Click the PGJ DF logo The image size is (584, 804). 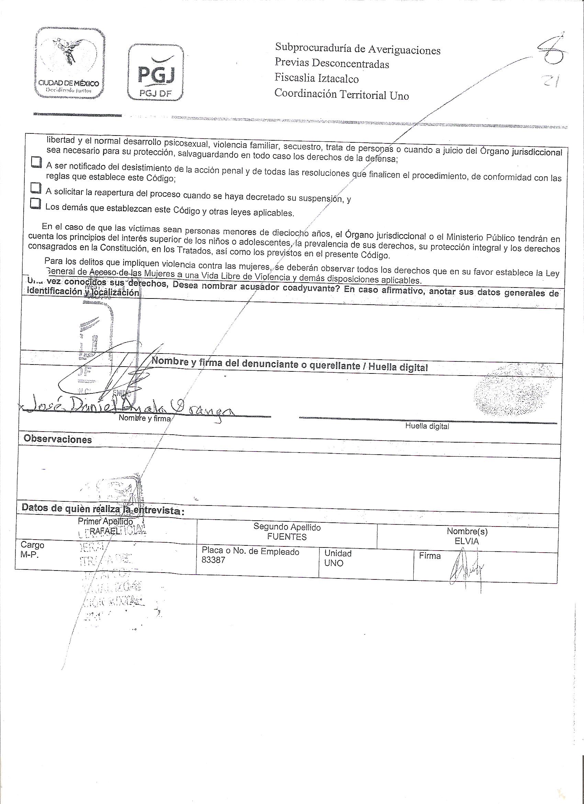point(156,73)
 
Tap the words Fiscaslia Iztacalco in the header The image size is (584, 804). point(317,78)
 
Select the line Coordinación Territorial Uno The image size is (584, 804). point(341,94)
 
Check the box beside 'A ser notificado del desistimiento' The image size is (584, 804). point(35,162)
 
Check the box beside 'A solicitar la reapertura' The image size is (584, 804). point(35,187)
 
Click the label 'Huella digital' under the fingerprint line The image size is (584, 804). point(427,426)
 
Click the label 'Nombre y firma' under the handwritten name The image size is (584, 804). point(145,418)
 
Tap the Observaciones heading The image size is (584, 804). point(58,439)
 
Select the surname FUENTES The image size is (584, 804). point(287,537)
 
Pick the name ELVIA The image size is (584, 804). point(467,541)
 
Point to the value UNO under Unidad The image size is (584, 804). point(334,563)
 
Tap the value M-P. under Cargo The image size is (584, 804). point(30,555)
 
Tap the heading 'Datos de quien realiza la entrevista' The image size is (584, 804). point(103,509)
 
